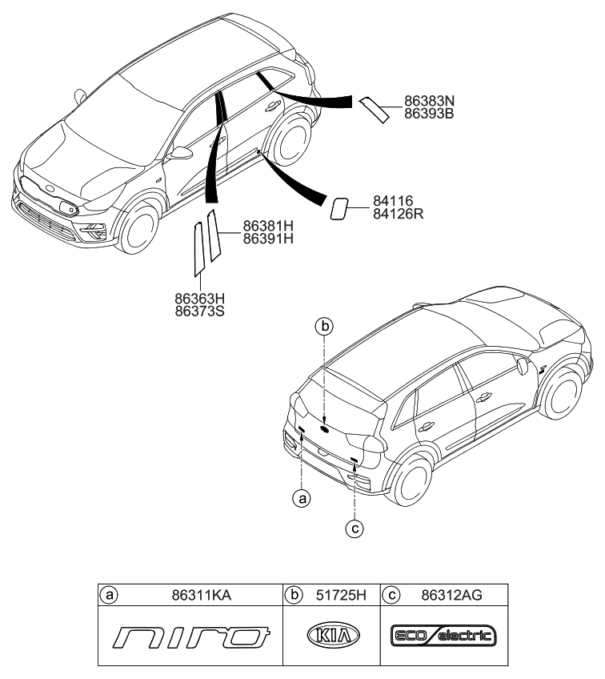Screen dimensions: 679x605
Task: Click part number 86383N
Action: (x=429, y=102)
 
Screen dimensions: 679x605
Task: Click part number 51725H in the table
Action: (x=340, y=595)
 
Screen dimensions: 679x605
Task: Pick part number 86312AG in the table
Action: (x=453, y=595)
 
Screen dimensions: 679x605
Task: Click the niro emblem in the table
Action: (x=190, y=637)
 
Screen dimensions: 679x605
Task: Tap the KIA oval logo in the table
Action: (x=333, y=637)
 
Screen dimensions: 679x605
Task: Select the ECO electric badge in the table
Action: (x=443, y=637)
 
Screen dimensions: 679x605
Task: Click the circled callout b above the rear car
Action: (x=323, y=326)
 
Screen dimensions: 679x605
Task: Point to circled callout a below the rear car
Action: (x=302, y=499)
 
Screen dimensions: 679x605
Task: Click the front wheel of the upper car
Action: (x=135, y=229)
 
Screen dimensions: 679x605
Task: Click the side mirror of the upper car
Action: (x=181, y=152)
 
